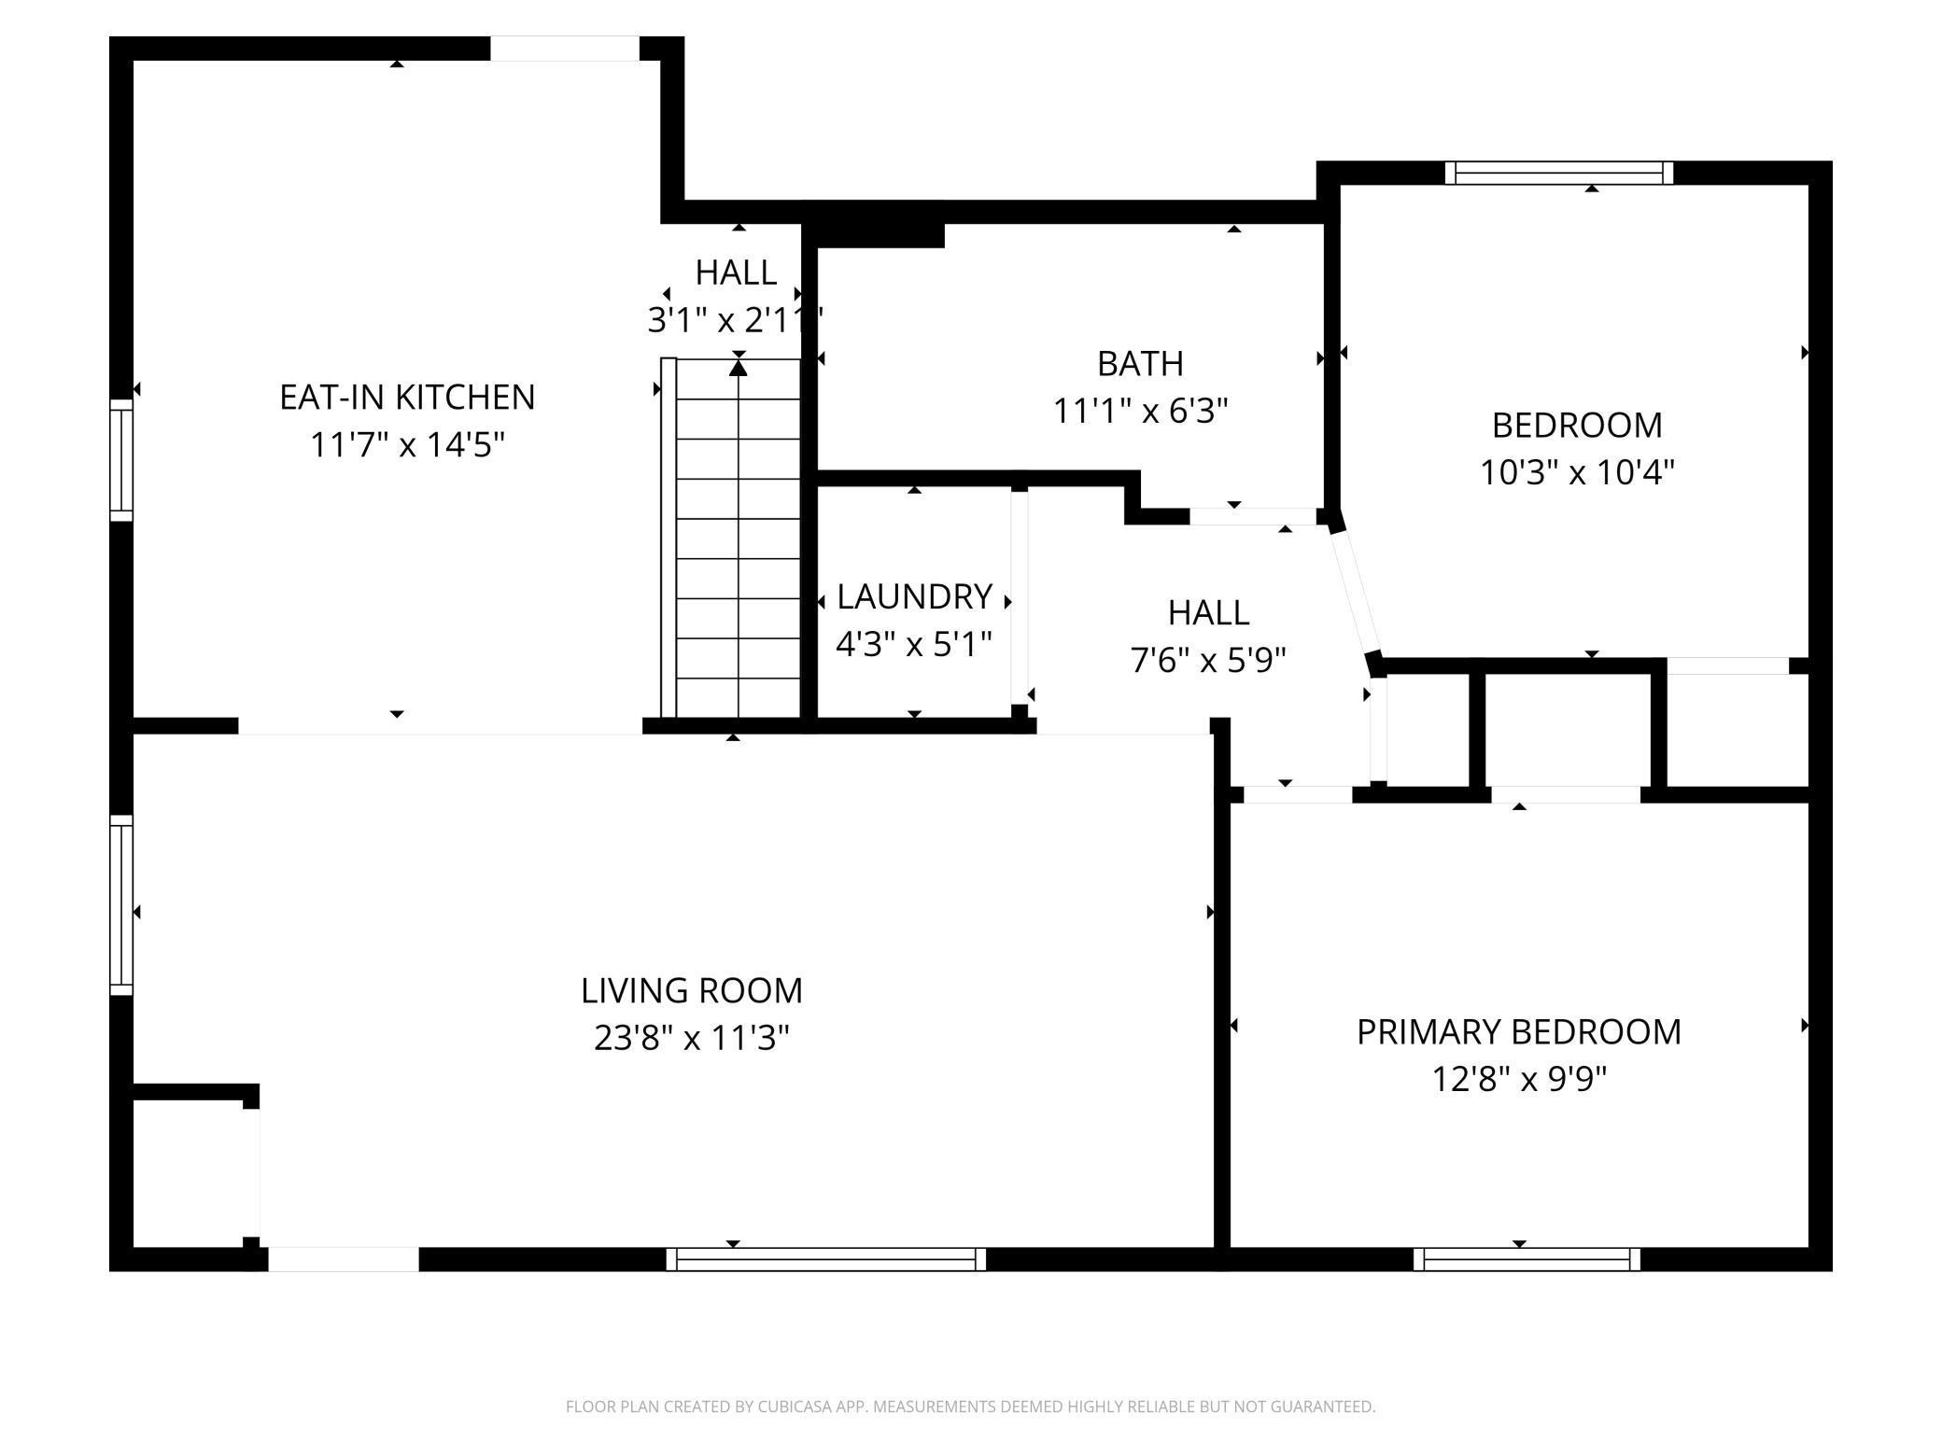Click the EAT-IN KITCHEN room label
point(407,398)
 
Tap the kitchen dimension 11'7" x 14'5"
point(407,445)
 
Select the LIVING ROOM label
point(692,990)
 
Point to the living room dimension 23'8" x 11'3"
point(692,1038)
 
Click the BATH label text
point(1140,363)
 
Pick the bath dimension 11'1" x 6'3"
point(1140,411)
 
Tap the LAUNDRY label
point(914,596)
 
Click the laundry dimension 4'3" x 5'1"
point(914,644)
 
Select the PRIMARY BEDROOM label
point(1519,1032)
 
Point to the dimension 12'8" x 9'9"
point(1519,1080)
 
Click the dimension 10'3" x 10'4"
point(1577,473)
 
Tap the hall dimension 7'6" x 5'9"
point(1208,661)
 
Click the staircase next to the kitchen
point(731,538)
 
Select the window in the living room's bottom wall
point(826,1259)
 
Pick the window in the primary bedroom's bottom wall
point(1527,1259)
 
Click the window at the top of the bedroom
point(1559,173)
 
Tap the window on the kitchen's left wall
point(121,459)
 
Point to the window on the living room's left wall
point(121,905)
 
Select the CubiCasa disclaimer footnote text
point(971,1407)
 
